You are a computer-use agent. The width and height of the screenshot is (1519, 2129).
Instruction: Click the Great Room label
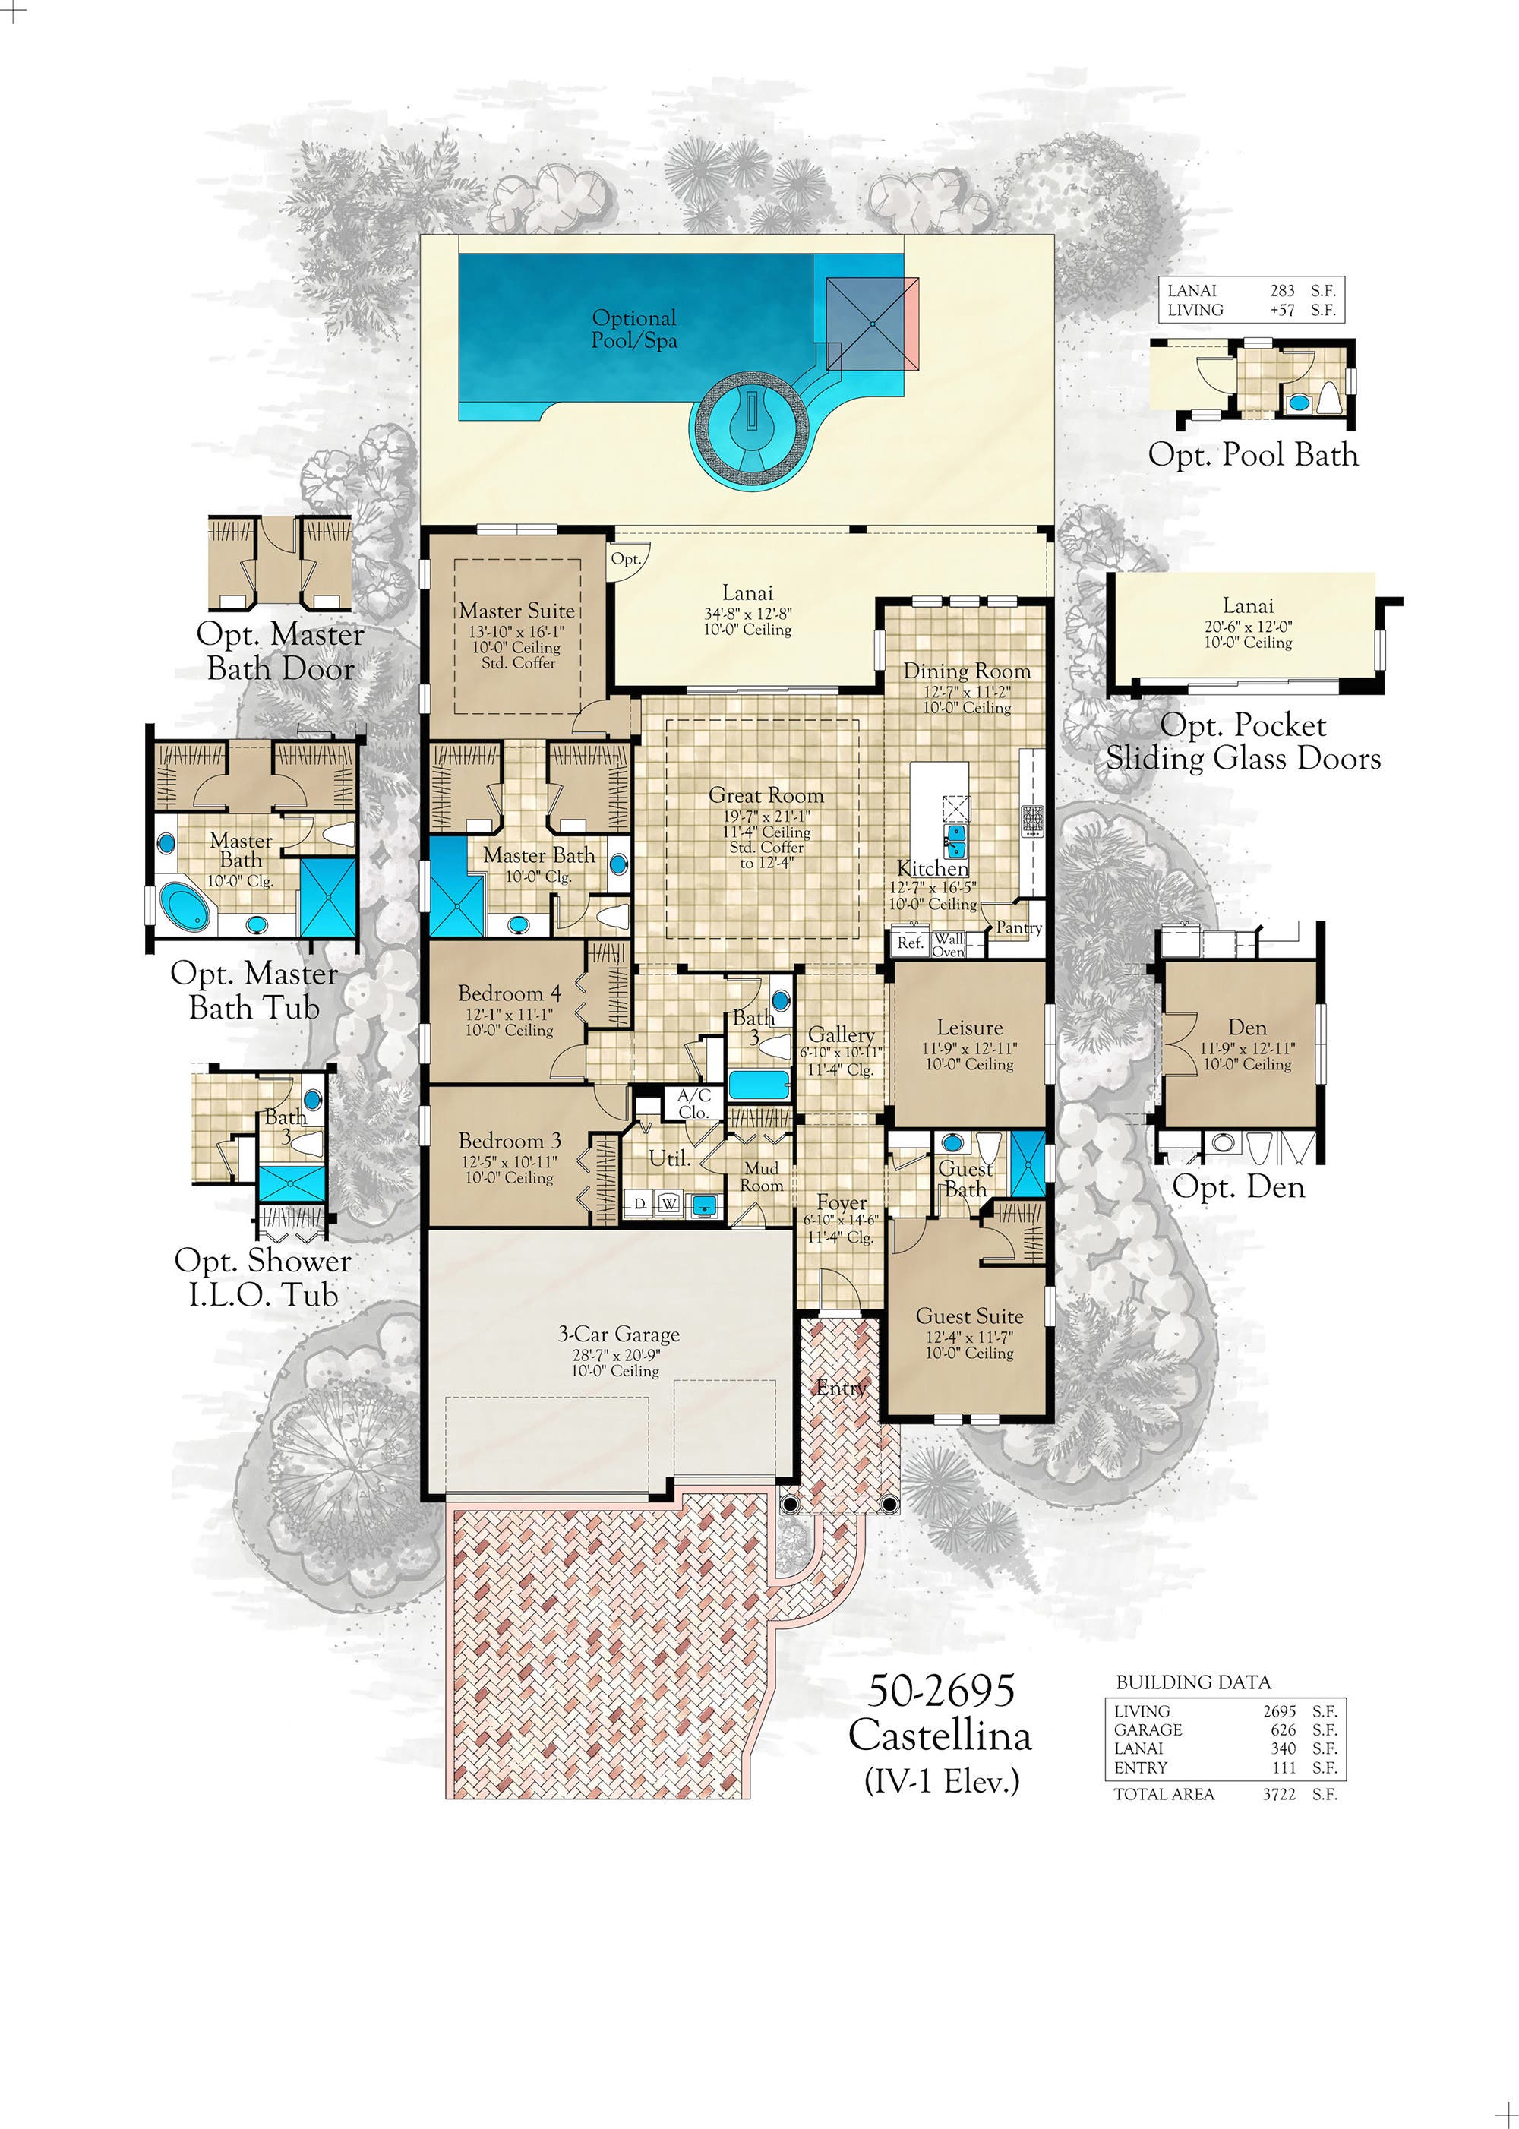click(x=766, y=796)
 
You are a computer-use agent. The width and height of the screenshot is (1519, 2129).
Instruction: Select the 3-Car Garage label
click(x=619, y=1335)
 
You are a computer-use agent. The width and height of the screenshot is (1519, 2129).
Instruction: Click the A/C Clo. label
click(x=694, y=1104)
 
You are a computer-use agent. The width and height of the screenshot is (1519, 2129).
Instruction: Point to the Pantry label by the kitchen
click(x=1018, y=928)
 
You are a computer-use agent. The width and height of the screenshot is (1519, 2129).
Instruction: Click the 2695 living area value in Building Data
click(x=1280, y=1710)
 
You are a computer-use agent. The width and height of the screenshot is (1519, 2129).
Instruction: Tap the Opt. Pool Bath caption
click(x=1252, y=456)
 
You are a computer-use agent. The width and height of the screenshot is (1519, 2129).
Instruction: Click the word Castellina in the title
click(x=940, y=1736)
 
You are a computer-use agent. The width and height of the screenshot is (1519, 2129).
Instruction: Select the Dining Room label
click(x=966, y=671)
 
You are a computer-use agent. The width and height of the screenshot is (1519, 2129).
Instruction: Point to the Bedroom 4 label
click(x=510, y=993)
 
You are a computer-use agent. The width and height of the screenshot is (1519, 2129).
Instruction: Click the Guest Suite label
click(x=969, y=1317)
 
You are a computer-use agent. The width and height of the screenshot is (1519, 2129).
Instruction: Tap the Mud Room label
click(x=761, y=1177)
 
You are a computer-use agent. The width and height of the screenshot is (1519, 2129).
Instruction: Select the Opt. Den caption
click(x=1239, y=1187)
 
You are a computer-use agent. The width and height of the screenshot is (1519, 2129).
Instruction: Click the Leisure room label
click(x=970, y=1028)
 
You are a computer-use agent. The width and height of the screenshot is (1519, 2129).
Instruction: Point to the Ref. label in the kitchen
click(x=910, y=943)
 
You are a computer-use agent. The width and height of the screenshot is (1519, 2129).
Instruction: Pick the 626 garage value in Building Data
click(x=1284, y=1730)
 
